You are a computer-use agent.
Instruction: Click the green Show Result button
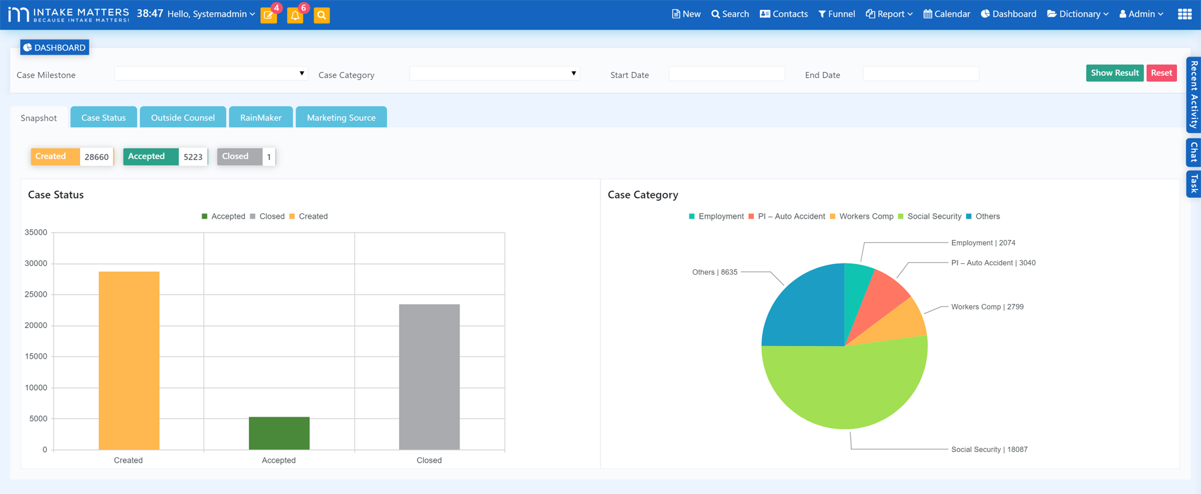tap(1114, 73)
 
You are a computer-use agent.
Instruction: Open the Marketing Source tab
tap(341, 117)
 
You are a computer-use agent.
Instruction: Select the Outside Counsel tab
tap(183, 117)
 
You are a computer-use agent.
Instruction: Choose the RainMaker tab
tap(260, 117)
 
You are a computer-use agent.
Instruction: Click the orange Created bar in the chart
tap(129, 360)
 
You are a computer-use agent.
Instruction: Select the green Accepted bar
tap(279, 433)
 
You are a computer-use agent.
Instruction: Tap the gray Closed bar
tap(429, 377)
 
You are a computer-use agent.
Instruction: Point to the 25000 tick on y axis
tap(36, 295)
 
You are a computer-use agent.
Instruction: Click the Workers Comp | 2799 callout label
tap(987, 307)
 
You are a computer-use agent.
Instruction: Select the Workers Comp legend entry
tap(865, 217)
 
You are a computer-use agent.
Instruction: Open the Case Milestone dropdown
tap(210, 73)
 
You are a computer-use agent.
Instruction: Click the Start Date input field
tap(726, 74)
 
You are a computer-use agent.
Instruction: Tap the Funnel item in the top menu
tap(837, 14)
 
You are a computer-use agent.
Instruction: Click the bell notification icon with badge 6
tap(295, 15)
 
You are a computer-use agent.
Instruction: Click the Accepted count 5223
tap(193, 157)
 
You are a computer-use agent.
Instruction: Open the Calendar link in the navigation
tap(946, 14)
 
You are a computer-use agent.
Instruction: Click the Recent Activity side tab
tap(1194, 94)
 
